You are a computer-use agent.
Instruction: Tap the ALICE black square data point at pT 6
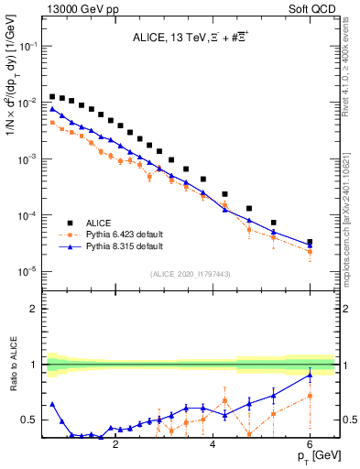[x=310, y=243]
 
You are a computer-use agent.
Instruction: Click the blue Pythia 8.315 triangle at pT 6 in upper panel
[x=310, y=245]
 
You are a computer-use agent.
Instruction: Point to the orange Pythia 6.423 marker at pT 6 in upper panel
[x=310, y=251]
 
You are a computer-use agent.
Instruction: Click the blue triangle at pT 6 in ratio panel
[x=310, y=375]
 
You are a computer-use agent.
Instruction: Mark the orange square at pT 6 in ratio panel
[x=310, y=396]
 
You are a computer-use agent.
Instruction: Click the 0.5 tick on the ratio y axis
[x=30, y=420]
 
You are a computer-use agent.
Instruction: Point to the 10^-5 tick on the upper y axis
[x=27, y=272]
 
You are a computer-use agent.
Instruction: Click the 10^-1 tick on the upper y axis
[x=27, y=47]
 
